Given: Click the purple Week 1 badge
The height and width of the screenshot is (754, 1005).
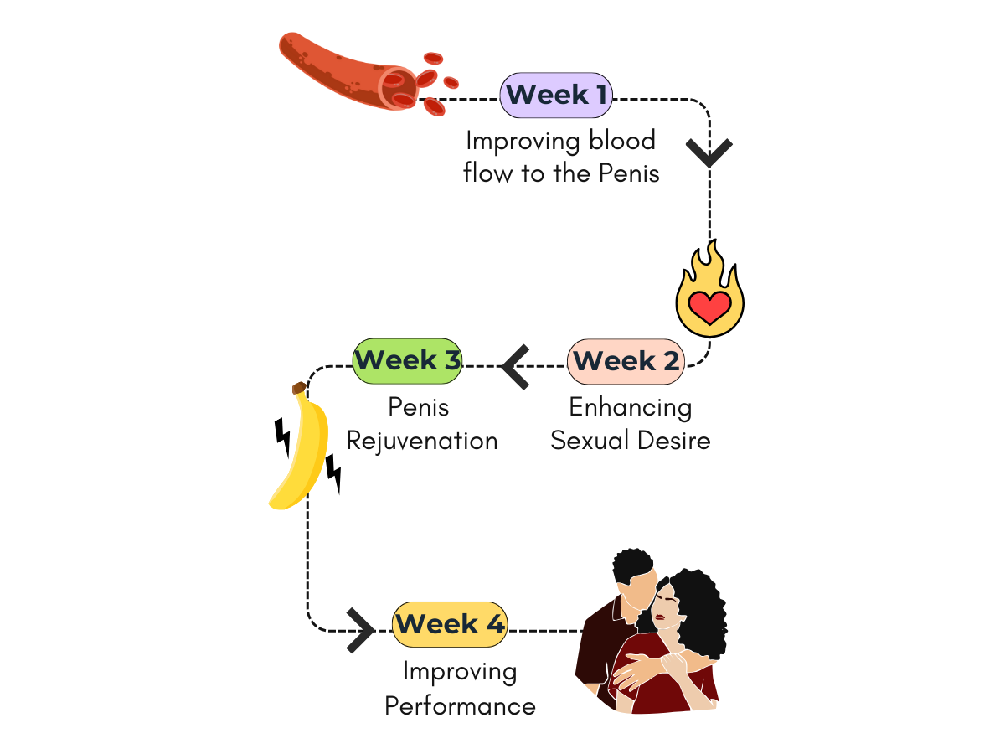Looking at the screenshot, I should (556, 95).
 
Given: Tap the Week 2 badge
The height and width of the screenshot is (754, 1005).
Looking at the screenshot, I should (626, 362).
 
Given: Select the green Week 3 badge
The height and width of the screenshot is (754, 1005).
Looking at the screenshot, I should (407, 361).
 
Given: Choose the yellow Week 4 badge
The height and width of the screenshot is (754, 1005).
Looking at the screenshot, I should (450, 624).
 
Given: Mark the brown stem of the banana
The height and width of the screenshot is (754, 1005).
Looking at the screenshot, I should (299, 388).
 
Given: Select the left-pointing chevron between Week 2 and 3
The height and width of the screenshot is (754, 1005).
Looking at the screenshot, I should (517, 367).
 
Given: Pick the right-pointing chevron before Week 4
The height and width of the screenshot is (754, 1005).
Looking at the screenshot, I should (361, 630).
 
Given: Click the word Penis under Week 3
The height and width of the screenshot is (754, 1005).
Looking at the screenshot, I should (419, 408).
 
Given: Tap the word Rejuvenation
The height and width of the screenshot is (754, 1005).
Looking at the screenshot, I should (422, 441).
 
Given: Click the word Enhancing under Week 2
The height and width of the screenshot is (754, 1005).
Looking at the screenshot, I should (630, 408).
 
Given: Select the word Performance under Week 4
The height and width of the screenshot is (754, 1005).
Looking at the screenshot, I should (460, 705).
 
